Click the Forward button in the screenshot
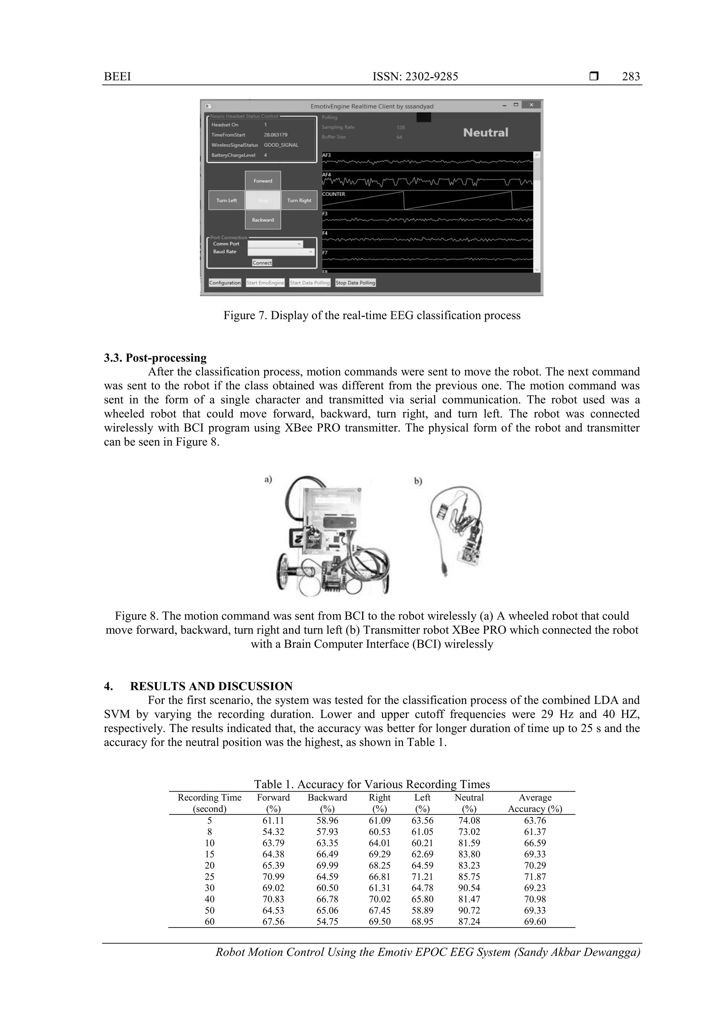[x=263, y=181]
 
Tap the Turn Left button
[x=227, y=200]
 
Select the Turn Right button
[x=299, y=200]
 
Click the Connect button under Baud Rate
[x=262, y=263]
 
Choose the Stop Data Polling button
[x=355, y=282]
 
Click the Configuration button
[x=225, y=282]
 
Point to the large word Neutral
[x=486, y=132]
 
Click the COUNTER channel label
[x=334, y=194]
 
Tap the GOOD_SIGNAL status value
[x=281, y=145]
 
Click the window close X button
[x=531, y=105]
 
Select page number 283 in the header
[x=631, y=77]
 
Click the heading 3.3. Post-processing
[x=155, y=358]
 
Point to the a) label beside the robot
[x=268, y=479]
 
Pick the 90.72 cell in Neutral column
[x=469, y=910]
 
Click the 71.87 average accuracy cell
[x=535, y=877]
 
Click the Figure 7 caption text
[x=372, y=316]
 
